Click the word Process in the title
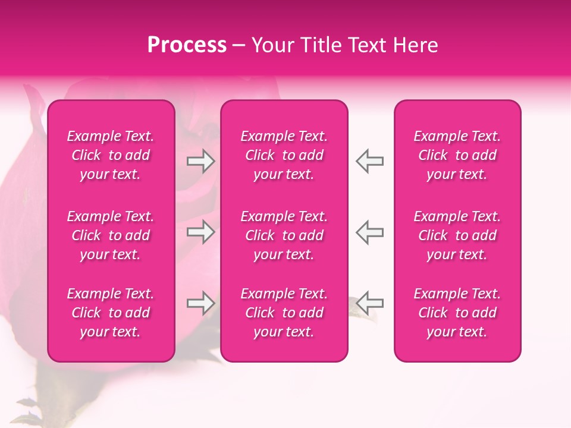click(187, 45)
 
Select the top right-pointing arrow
click(201, 161)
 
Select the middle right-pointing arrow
click(201, 232)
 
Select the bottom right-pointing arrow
click(201, 303)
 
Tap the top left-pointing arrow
click(369, 161)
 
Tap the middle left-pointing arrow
click(369, 232)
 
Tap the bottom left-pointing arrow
click(369, 303)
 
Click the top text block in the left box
click(111, 155)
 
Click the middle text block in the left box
click(111, 235)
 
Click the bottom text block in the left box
click(111, 313)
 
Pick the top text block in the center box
click(284, 155)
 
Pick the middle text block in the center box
click(284, 235)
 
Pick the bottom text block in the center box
click(284, 313)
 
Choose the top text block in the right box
click(457, 155)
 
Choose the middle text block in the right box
click(457, 235)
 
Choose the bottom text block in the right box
click(457, 313)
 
